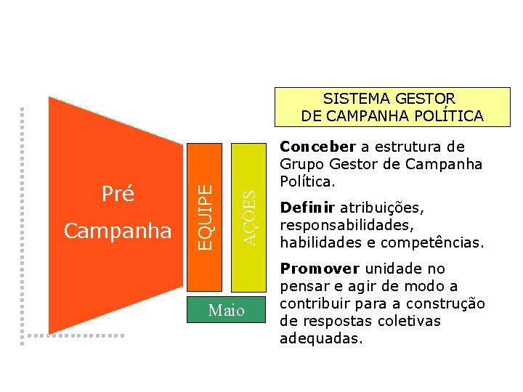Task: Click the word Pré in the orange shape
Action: tap(118, 194)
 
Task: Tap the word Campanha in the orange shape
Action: tap(118, 231)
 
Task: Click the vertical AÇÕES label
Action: tap(248, 217)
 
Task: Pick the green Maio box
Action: tap(226, 311)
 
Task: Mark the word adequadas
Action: tap(320, 338)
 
